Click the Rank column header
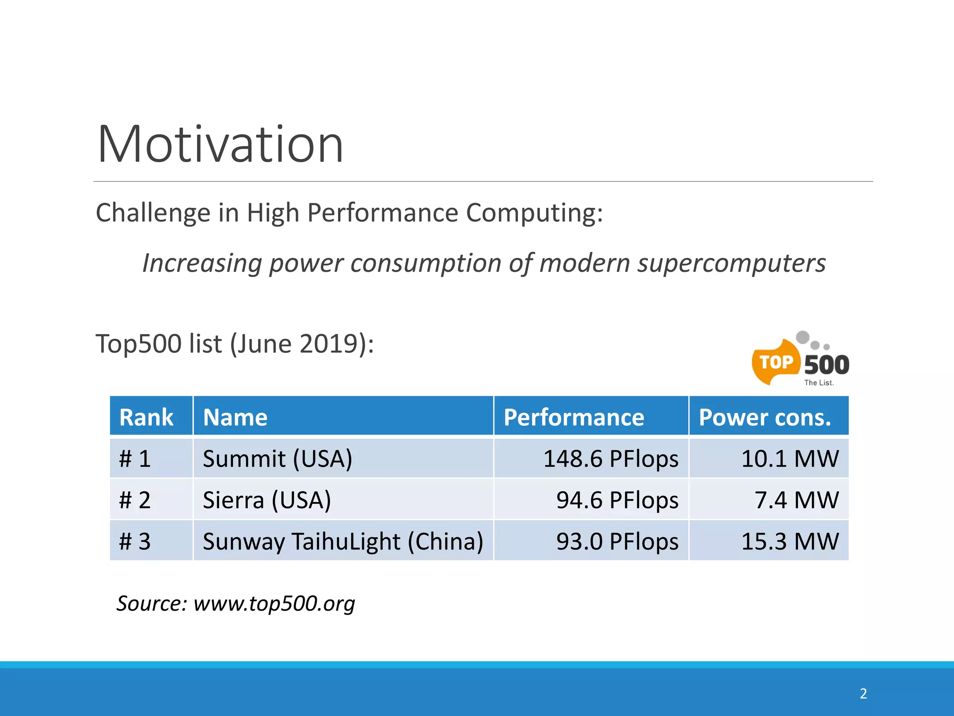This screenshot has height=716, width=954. (146, 417)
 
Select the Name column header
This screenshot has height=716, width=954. (235, 417)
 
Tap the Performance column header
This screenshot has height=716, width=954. (573, 417)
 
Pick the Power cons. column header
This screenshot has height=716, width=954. (765, 417)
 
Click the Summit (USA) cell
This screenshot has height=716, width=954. (278, 459)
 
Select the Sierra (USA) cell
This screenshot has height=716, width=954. (267, 500)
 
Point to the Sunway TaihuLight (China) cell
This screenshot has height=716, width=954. (343, 542)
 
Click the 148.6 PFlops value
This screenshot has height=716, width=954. (611, 459)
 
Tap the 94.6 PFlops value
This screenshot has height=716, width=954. (617, 500)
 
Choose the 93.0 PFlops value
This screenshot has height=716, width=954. (617, 542)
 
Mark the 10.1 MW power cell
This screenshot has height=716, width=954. (790, 459)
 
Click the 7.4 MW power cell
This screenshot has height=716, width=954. (796, 500)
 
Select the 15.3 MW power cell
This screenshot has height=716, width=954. (790, 542)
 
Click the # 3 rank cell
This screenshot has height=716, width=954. (135, 542)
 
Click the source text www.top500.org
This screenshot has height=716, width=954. (274, 603)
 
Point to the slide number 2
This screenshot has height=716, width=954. (863, 694)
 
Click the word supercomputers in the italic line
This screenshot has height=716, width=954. (731, 263)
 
